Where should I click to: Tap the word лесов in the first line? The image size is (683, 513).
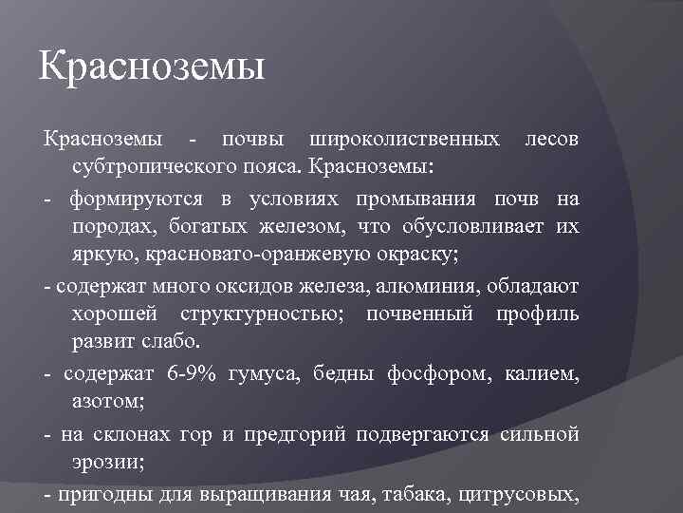click(551, 140)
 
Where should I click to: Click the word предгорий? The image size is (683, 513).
click(296, 435)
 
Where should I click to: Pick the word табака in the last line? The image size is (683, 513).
click(420, 494)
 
